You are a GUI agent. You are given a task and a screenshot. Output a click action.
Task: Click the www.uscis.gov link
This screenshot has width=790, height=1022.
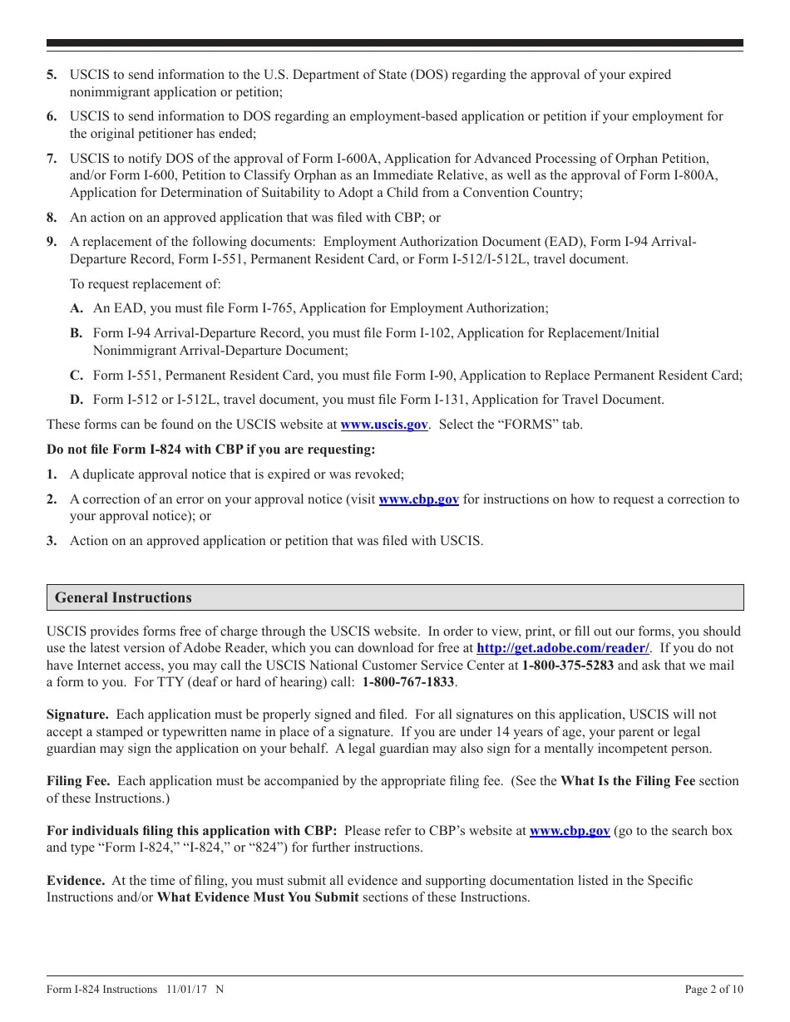[384, 425]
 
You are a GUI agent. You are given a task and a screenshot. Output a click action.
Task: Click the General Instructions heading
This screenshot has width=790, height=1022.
[123, 598]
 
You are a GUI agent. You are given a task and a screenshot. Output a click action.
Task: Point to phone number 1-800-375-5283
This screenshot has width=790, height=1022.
[568, 666]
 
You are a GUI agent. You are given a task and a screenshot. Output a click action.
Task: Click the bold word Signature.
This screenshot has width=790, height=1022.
[77, 715]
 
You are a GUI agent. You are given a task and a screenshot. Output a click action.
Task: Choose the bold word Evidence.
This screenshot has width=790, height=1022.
[76, 881]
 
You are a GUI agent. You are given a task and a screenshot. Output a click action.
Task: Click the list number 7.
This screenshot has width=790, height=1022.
[52, 158]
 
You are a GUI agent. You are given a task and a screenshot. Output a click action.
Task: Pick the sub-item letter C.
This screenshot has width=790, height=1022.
[76, 375]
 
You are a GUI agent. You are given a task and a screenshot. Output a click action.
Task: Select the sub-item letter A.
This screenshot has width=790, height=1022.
[77, 308]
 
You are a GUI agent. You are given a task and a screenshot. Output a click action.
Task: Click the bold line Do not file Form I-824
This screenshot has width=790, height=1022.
[210, 450]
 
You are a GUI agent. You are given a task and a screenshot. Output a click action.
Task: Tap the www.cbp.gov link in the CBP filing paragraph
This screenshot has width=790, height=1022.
[570, 831]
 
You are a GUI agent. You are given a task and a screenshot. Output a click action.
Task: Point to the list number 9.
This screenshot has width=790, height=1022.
[52, 242]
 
